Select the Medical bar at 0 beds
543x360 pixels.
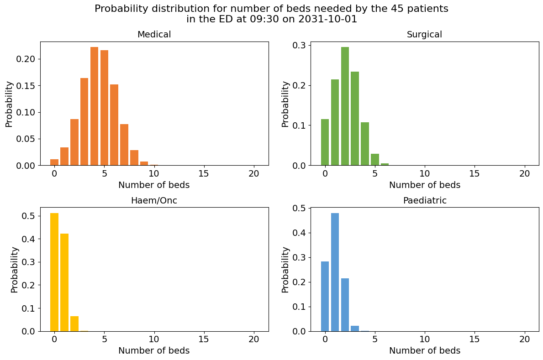tap(54, 162)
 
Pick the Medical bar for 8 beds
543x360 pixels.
tap(134, 158)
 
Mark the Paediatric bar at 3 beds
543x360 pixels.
tap(355, 329)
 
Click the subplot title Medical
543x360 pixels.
tap(154, 35)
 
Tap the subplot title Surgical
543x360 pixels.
tap(424, 35)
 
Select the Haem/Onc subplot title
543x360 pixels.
tap(154, 201)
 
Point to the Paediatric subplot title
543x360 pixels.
tap(424, 201)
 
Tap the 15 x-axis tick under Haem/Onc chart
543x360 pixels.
tap(204, 339)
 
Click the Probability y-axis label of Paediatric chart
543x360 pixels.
tap(285, 270)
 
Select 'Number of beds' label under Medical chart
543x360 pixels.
tap(154, 185)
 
